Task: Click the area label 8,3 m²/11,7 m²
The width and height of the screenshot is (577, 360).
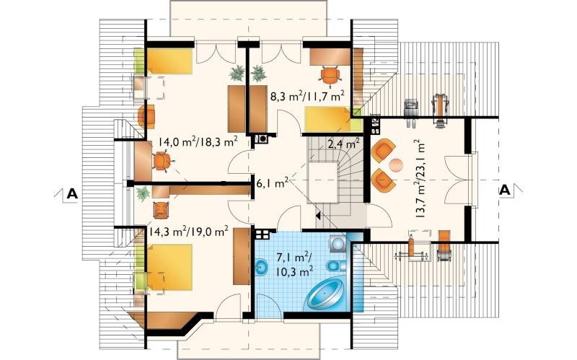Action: click(307, 97)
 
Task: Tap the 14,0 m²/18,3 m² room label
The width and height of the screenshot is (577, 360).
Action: click(198, 141)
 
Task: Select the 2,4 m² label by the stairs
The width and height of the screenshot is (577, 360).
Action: click(343, 144)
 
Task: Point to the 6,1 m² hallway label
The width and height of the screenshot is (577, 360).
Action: click(272, 183)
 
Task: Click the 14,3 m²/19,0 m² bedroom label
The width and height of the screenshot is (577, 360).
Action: click(189, 231)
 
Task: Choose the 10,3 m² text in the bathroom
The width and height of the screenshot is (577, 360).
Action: click(295, 272)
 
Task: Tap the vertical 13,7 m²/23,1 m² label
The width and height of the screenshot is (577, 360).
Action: click(420, 178)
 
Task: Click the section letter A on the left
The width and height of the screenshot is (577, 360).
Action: click(72, 193)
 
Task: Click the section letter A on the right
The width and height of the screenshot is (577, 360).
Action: click(506, 190)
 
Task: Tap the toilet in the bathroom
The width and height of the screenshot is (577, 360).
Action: click(335, 265)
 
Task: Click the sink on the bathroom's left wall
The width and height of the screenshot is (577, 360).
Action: click(261, 265)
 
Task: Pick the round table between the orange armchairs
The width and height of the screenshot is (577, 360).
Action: click(396, 165)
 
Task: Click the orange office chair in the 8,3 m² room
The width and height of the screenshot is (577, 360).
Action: click(330, 76)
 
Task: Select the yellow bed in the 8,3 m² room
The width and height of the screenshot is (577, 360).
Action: click(329, 119)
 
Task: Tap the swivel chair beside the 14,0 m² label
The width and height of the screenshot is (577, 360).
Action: click(162, 161)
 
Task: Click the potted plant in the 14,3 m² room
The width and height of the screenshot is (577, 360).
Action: click(143, 193)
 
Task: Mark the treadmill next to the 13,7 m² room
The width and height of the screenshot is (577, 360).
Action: click(440, 110)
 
